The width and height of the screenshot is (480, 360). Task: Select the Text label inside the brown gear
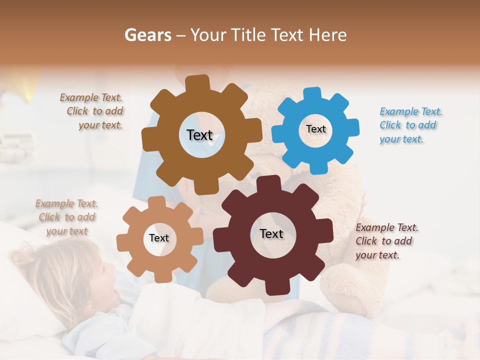coord(199,135)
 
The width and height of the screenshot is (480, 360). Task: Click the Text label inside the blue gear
coord(315,129)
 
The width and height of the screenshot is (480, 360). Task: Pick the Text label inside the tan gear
coord(159,238)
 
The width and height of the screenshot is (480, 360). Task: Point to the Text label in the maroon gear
coord(271,233)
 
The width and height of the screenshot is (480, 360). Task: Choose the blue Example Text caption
coord(410,125)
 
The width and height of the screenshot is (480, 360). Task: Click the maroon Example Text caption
coord(386,241)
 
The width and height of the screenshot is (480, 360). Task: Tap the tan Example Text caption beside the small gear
coord(67,217)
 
